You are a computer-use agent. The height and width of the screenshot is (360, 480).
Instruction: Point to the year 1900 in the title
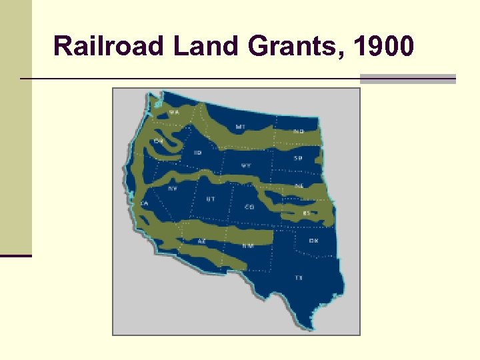pyautogui.click(x=385, y=47)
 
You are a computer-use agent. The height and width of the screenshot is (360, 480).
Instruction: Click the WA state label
pyautogui.click(x=174, y=113)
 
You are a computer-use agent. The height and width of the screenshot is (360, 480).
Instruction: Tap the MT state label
pyautogui.click(x=239, y=126)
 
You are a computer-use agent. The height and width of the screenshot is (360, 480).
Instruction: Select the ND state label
pyautogui.click(x=298, y=131)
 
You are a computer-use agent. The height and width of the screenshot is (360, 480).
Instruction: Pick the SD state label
pyautogui.click(x=298, y=158)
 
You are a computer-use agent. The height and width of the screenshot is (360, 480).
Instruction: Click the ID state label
pyautogui.click(x=197, y=153)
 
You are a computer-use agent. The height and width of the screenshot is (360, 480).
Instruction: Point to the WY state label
pyautogui.click(x=246, y=165)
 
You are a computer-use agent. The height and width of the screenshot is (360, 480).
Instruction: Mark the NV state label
pyautogui.click(x=172, y=189)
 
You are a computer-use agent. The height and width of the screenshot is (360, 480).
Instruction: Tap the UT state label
pyautogui.click(x=211, y=199)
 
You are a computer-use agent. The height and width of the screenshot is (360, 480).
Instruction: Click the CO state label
pyautogui.click(x=249, y=207)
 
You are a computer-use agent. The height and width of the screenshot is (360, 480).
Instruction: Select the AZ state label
pyautogui.click(x=201, y=241)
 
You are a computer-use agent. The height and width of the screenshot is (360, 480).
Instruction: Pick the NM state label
pyautogui.click(x=248, y=245)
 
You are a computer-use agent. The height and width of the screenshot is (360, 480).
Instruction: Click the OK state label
pyautogui.click(x=313, y=240)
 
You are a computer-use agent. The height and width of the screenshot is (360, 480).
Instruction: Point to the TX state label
pyautogui.click(x=299, y=277)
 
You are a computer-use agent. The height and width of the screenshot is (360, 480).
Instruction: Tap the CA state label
pyautogui.click(x=144, y=203)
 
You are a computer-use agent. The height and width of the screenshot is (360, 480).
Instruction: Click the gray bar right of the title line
pyautogui.click(x=407, y=79)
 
